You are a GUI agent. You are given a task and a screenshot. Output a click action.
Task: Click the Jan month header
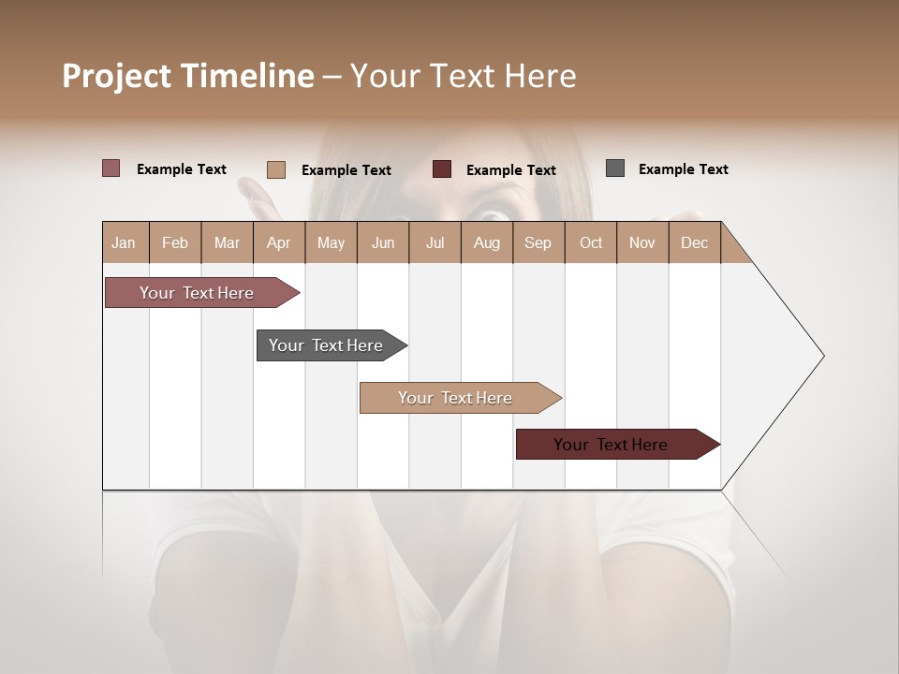[125, 242]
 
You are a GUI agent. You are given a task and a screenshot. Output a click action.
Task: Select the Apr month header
[279, 242]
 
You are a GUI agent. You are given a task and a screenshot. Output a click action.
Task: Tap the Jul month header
[435, 242]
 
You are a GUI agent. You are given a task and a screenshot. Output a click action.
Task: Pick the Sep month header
[538, 242]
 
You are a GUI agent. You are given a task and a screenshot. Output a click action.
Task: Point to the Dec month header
[694, 242]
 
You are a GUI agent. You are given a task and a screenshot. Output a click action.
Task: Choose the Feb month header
[175, 242]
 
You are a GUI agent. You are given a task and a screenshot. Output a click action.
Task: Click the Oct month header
[591, 242]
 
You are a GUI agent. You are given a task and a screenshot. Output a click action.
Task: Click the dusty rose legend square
[111, 168]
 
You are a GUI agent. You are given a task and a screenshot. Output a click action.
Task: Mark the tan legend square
[276, 169]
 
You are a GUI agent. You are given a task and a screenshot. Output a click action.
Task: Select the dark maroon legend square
[442, 168]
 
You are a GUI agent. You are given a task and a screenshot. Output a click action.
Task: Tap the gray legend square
[615, 168]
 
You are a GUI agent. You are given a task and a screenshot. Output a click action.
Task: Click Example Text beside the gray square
[683, 169]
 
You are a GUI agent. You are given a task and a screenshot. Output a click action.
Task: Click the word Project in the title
[116, 77]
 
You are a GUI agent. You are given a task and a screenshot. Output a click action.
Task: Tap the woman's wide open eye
[493, 214]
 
